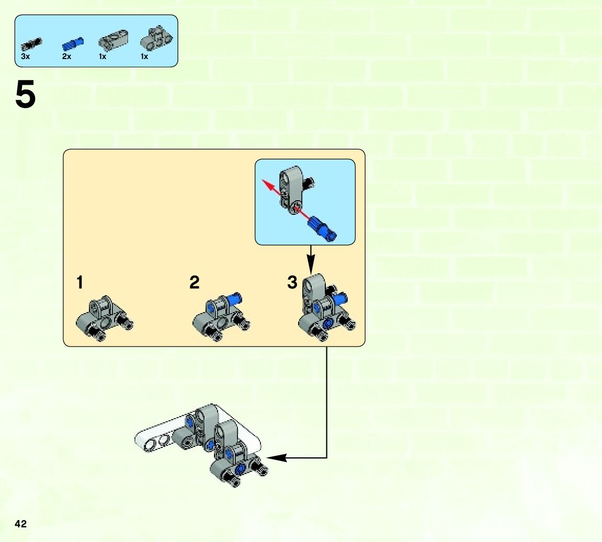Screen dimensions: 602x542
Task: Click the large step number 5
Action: pos(26,96)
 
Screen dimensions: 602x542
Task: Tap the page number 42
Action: pos(21,524)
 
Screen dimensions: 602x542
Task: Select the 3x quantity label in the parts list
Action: pos(26,56)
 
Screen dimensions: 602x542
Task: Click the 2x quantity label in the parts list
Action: pos(66,56)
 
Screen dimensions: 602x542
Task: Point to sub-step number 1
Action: pos(79,283)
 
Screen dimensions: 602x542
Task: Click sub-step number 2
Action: pos(195,283)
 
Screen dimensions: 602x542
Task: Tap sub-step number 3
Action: pos(292,283)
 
